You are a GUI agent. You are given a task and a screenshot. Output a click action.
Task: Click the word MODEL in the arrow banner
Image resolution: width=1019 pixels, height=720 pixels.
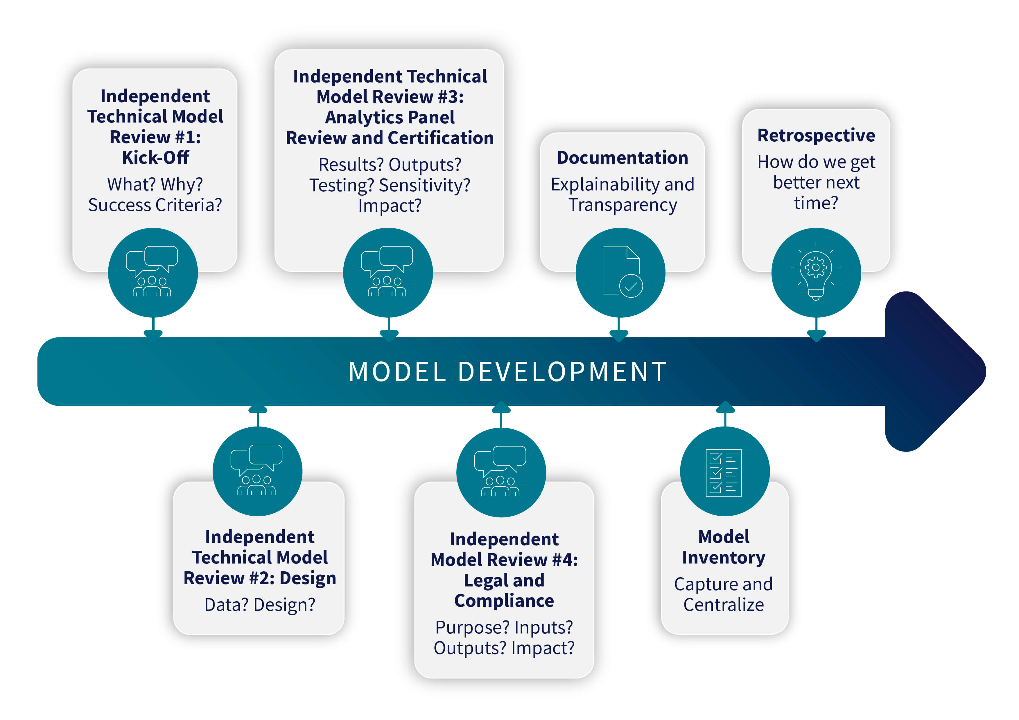pos(397,372)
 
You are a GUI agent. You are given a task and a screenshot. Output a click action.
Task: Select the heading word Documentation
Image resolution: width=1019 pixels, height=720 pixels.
pos(622,158)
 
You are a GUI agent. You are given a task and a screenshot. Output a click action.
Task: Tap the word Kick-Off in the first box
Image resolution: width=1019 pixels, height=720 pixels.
pos(155,157)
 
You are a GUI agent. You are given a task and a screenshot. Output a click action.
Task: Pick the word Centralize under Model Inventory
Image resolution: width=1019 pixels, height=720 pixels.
pos(723,605)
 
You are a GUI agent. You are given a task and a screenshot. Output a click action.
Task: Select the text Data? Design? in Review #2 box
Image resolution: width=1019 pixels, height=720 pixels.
pos(260,605)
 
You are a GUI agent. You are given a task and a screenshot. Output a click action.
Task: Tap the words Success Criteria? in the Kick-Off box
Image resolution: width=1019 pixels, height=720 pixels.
pos(155,205)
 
